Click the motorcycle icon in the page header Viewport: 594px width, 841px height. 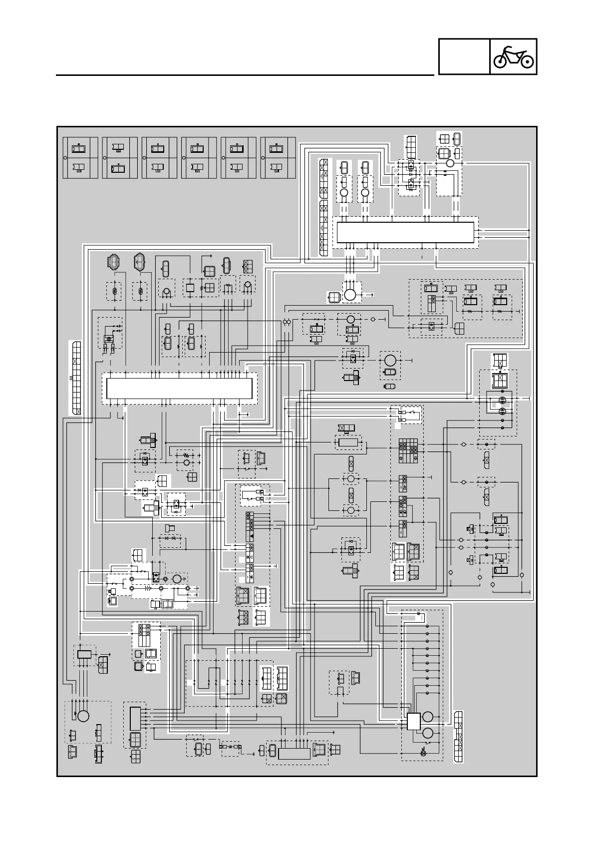(513, 57)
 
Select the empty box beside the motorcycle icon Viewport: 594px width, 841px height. (464, 57)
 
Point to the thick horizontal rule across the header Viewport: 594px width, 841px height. (245, 75)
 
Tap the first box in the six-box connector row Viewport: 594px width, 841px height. (80, 157)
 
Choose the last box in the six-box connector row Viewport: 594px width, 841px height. (278, 157)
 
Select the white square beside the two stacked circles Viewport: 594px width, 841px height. (414, 722)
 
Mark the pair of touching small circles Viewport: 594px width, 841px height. (287, 322)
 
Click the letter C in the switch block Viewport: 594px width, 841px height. (252, 557)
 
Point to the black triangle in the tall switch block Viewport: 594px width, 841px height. (252, 535)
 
